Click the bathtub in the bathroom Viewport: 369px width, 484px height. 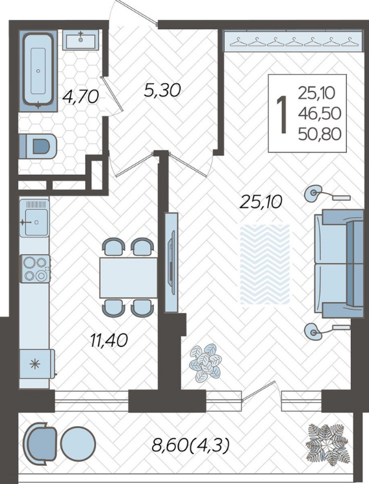[x=38, y=71]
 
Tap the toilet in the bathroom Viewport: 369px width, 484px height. [x=38, y=146]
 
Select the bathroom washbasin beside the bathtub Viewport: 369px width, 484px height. [x=81, y=40]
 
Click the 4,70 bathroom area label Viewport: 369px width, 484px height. [x=81, y=96]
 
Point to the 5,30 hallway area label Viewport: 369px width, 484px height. [x=162, y=90]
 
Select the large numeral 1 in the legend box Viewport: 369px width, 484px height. [x=282, y=114]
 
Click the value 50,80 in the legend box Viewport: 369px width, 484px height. [x=320, y=134]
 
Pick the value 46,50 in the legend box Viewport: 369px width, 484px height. [x=320, y=114]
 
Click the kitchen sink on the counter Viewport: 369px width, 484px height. [x=34, y=218]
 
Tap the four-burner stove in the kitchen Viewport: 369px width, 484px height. [x=35, y=268]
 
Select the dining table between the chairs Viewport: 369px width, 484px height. [x=129, y=278]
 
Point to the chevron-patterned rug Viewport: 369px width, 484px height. [x=265, y=264]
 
